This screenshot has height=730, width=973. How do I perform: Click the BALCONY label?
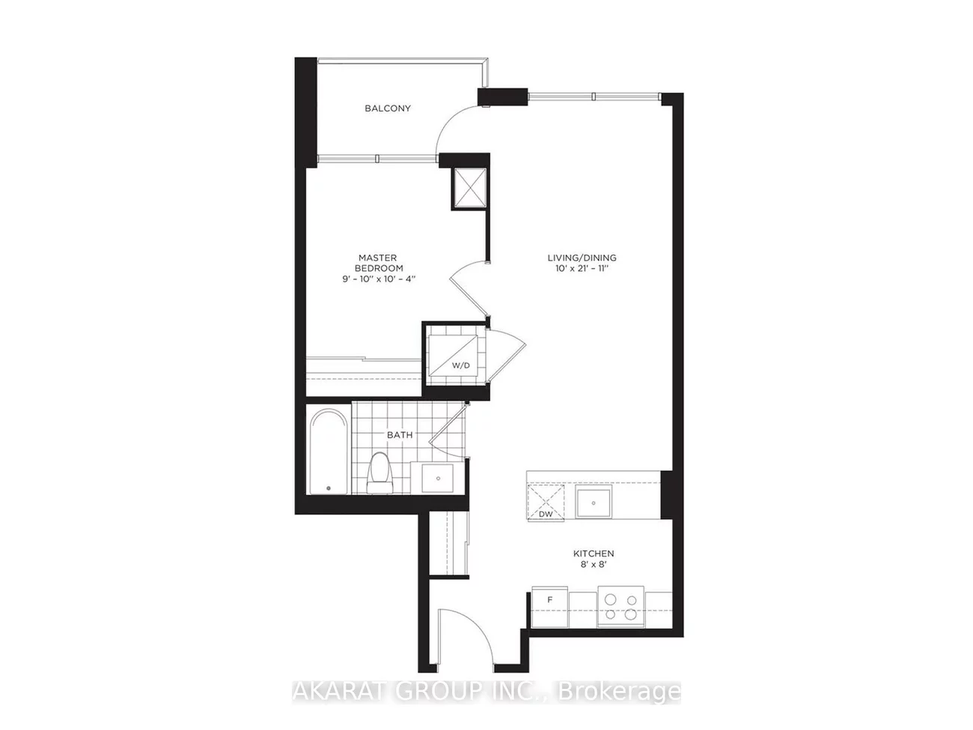[387, 109]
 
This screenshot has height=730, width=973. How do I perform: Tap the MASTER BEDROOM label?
[378, 263]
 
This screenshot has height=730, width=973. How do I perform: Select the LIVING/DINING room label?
[582, 258]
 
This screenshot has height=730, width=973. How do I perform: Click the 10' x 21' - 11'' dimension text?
[582, 268]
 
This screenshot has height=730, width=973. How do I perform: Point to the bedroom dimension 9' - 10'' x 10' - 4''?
[378, 279]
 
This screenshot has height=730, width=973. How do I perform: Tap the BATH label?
[399, 435]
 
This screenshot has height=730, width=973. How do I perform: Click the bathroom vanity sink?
[436, 477]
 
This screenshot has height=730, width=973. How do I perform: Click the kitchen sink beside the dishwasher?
[594, 503]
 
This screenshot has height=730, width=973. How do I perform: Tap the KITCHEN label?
[594, 554]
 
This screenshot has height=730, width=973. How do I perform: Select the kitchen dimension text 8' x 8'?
[594, 565]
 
